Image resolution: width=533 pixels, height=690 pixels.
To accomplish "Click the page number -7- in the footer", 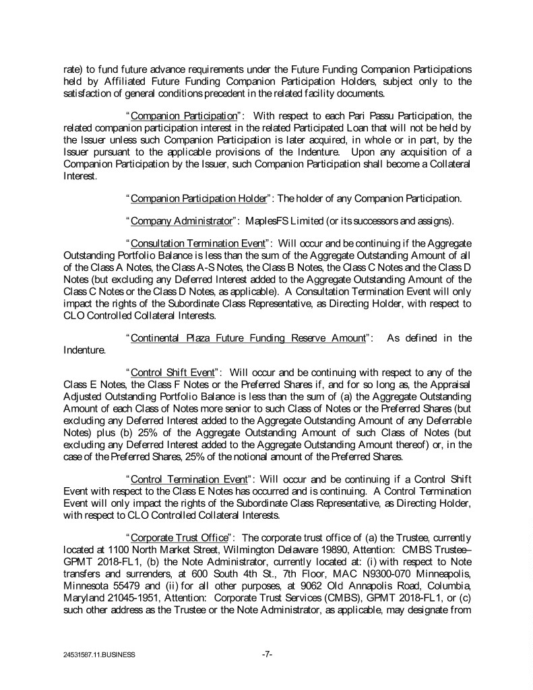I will point(266,654).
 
